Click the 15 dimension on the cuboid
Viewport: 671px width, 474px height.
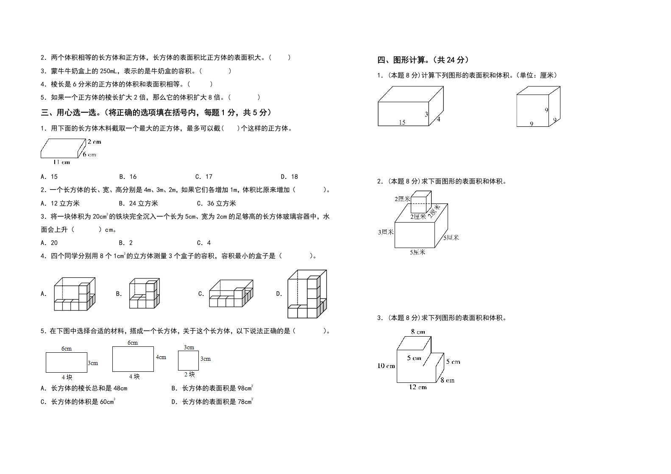[x=402, y=123]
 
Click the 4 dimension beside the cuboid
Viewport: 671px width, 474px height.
[x=438, y=119]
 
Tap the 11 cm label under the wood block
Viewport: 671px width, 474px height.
[x=61, y=162]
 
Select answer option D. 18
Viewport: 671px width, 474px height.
[x=289, y=177]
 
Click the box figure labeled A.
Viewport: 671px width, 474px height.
[x=75, y=294]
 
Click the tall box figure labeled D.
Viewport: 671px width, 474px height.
[x=307, y=294]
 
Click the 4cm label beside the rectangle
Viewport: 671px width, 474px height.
[x=161, y=357]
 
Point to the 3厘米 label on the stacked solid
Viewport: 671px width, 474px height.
[x=386, y=232]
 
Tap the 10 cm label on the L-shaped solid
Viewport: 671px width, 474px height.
[x=386, y=365]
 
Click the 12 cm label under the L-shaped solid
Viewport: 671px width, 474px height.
[x=418, y=387]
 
